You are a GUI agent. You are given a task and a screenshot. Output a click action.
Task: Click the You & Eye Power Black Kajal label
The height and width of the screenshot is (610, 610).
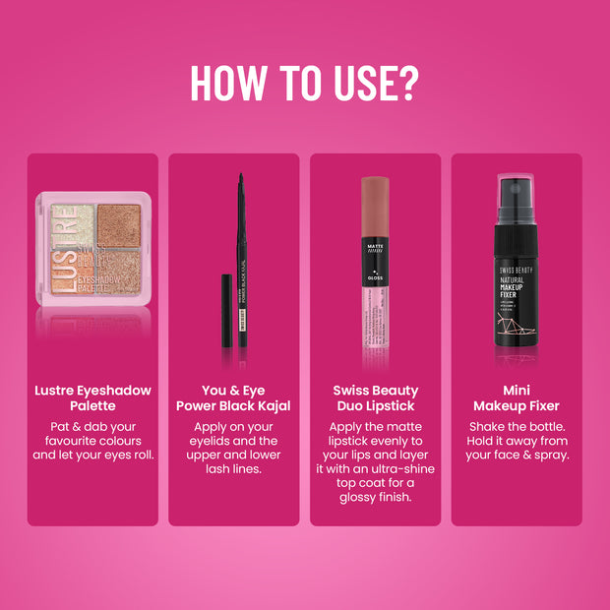[233, 397]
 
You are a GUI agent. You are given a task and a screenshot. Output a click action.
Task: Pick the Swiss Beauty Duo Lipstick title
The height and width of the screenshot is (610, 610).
[374, 397]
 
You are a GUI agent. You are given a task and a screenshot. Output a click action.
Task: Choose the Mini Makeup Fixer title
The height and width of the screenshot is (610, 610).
[516, 397]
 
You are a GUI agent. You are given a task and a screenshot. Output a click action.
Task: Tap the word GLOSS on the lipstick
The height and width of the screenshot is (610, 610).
[374, 277]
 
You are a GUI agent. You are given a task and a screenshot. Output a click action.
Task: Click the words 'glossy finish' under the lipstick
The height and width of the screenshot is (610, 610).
[374, 497]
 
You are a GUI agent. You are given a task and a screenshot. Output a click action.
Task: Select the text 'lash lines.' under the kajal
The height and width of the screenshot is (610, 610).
[233, 469]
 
